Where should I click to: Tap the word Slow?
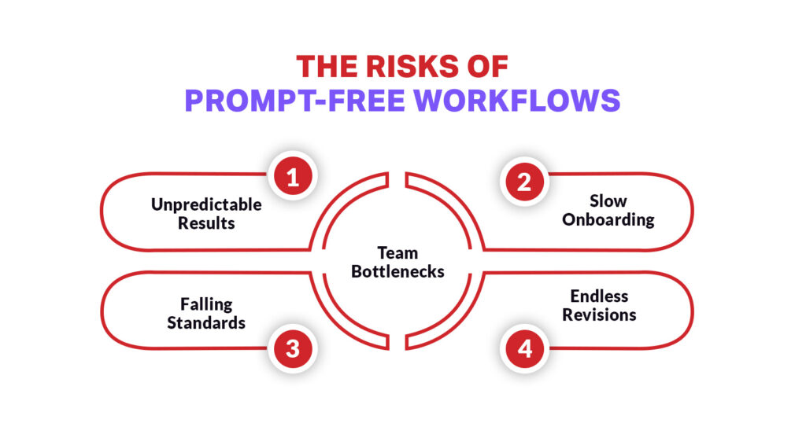608,201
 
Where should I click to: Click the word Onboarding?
608,219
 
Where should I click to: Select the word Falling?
206,304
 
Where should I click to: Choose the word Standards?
206,322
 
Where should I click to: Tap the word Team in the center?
398,253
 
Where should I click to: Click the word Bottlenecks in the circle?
398,271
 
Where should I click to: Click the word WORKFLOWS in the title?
517,101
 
